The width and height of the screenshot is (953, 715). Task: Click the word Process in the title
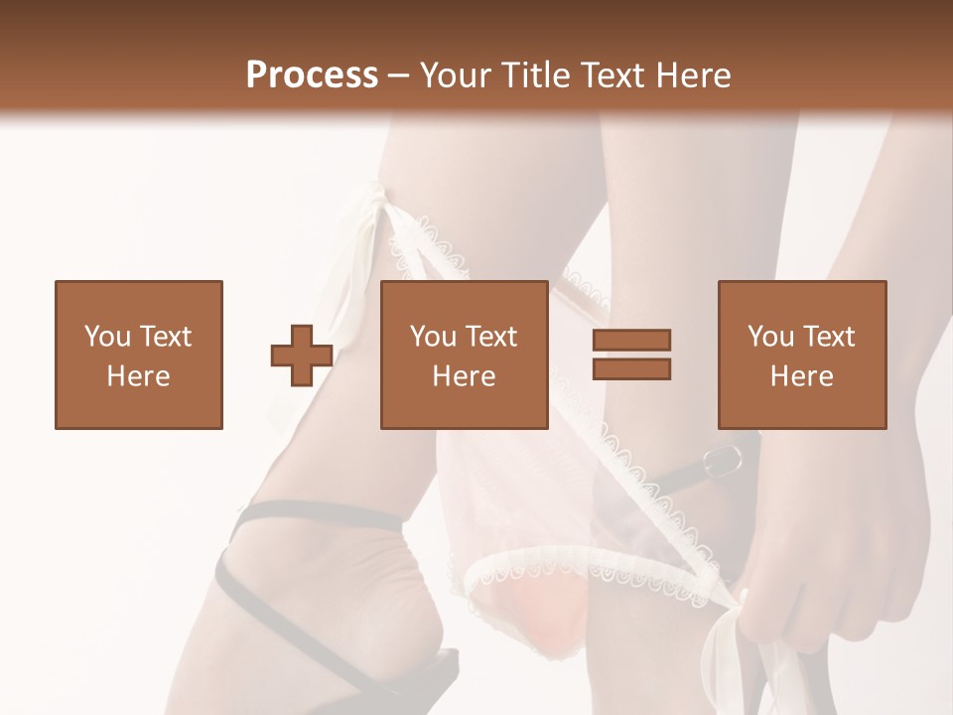point(312,75)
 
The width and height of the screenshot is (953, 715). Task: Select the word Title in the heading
point(537,75)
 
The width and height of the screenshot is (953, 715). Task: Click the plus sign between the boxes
point(302,356)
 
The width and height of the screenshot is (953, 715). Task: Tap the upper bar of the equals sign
point(631,341)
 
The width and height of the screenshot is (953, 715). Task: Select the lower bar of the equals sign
point(631,369)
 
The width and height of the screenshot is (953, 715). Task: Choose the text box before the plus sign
point(139,355)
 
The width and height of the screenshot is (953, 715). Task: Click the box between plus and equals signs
point(465,355)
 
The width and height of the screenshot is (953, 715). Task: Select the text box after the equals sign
point(802,355)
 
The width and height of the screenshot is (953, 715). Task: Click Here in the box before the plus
point(139,376)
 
